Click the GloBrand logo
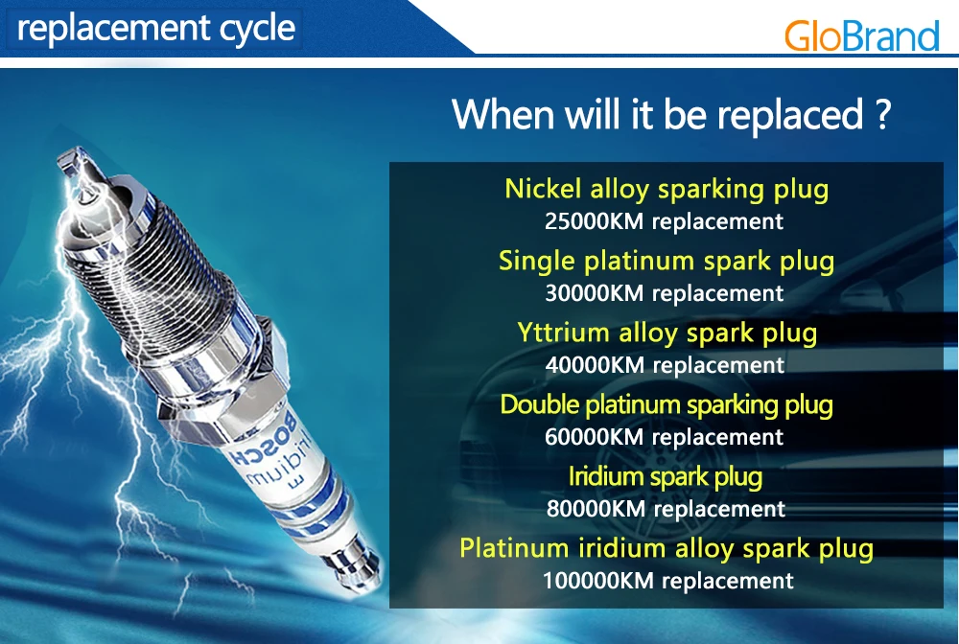coord(861,36)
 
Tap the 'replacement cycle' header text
coord(156,29)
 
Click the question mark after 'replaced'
coord(882,114)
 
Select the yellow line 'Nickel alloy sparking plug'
coord(667,190)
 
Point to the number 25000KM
coord(594,221)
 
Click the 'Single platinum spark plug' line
coord(667,262)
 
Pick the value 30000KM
coord(595,293)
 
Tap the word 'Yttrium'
coord(563,333)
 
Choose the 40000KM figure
coord(595,365)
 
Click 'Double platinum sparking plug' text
coord(667,405)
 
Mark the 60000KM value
coord(594,437)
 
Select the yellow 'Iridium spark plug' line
coord(666,477)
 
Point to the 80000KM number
coord(596,509)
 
